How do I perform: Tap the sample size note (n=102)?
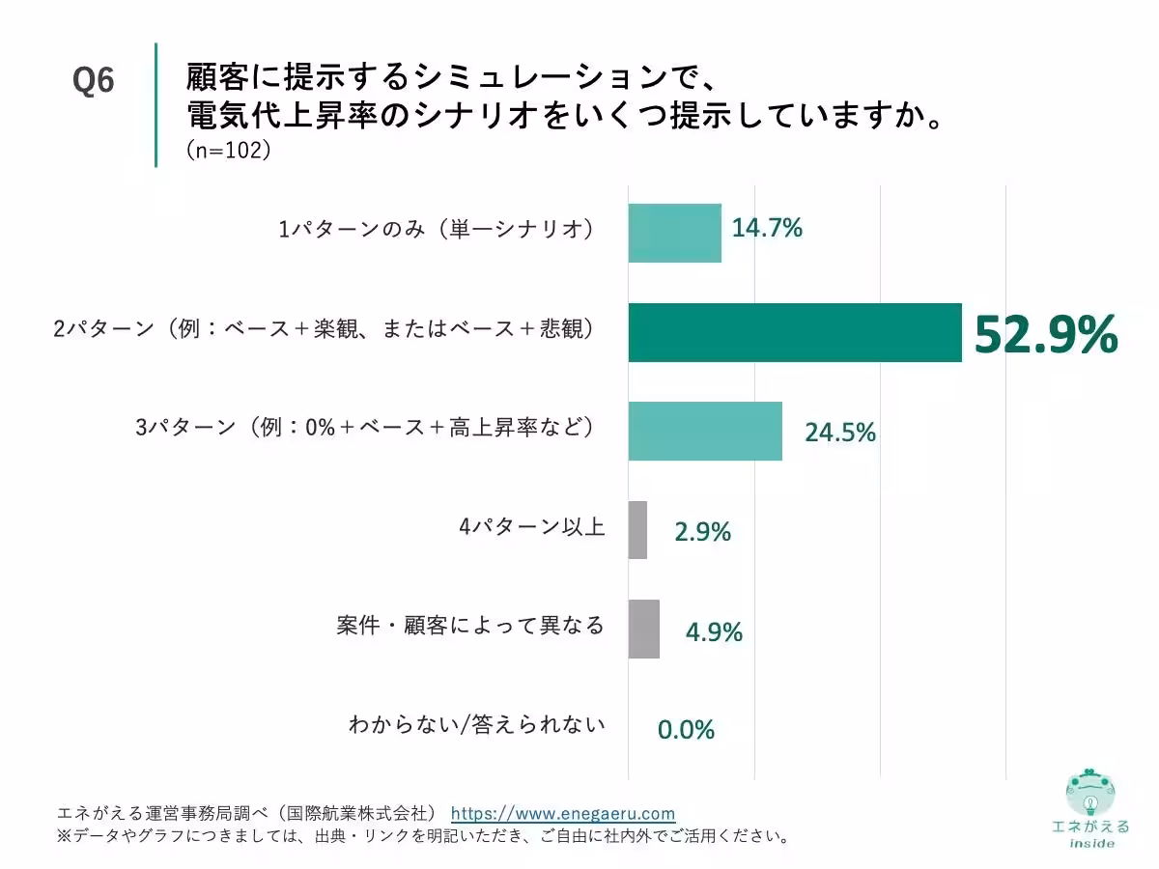click(227, 151)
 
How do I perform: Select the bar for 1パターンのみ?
click(674, 233)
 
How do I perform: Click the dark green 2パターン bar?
click(794, 332)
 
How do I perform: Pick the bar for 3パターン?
click(705, 431)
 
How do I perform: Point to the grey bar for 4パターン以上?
click(637, 530)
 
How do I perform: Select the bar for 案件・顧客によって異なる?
click(644, 629)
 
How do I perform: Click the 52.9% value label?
click(1045, 336)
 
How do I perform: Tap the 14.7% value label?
click(767, 229)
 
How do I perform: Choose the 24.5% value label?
click(840, 433)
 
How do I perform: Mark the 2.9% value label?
click(702, 531)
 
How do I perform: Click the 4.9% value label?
click(714, 631)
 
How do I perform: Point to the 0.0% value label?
click(686, 730)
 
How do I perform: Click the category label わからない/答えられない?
click(477, 724)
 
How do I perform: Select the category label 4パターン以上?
click(531, 527)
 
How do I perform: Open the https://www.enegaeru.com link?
click(563, 813)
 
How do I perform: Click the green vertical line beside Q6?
click(155, 104)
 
